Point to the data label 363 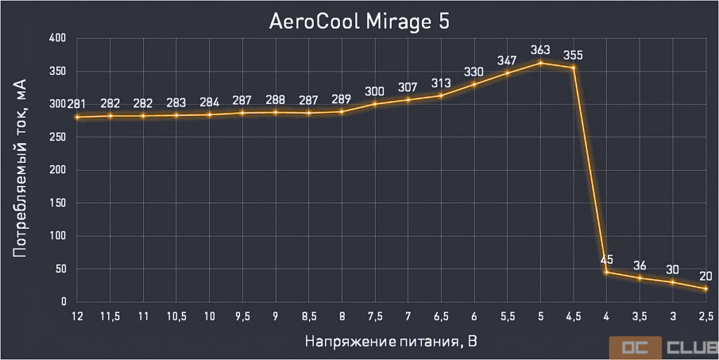click(x=540, y=50)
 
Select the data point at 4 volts click(x=607, y=272)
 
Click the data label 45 click(x=607, y=260)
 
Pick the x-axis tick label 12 click(x=77, y=316)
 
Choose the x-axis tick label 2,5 click(x=706, y=316)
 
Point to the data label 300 click(x=375, y=91)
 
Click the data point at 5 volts click(x=541, y=62)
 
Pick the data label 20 click(x=706, y=276)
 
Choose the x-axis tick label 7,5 click(x=375, y=316)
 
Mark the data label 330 click(x=474, y=72)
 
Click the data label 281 click(x=77, y=105)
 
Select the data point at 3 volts click(x=673, y=282)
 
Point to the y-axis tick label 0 click(x=63, y=302)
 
